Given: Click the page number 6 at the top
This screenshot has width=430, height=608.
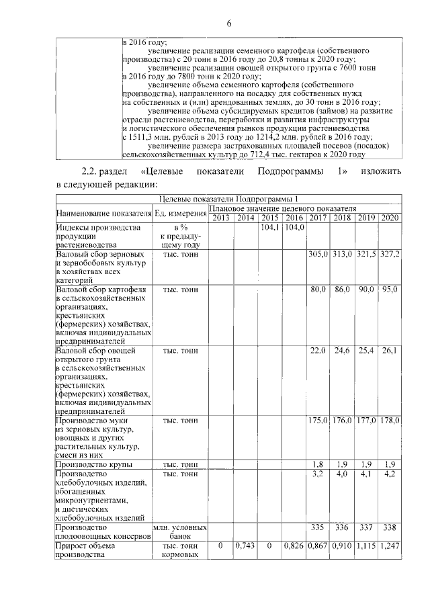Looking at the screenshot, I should pos(229,25).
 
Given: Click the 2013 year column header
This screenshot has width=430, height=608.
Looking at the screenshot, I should pos(221,218).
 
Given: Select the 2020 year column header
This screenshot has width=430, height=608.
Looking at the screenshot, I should pos(390,218).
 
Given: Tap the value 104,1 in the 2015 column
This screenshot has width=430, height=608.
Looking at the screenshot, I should pos(270,228).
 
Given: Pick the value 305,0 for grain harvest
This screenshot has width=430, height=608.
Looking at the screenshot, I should pos(318,255).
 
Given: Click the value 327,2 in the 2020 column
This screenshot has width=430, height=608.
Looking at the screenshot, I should pos(390,255).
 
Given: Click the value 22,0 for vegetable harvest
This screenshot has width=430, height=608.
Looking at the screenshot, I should pos(318,350).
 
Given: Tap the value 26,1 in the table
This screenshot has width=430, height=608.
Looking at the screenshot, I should pos(390,350).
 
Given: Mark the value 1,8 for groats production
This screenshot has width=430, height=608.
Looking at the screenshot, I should pos(318,464).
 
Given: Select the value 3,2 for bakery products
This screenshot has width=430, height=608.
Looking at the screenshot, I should pos(318,474).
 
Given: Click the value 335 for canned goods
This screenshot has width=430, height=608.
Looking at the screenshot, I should pos(318,528).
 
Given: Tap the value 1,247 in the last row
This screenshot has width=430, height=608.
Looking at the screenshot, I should pos(390,546).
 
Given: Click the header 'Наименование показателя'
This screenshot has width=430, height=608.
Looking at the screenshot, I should pos(104,213).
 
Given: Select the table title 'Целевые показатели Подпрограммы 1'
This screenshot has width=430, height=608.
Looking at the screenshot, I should pos(229,199).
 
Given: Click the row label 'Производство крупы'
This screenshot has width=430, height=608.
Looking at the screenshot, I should pos(94,464).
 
